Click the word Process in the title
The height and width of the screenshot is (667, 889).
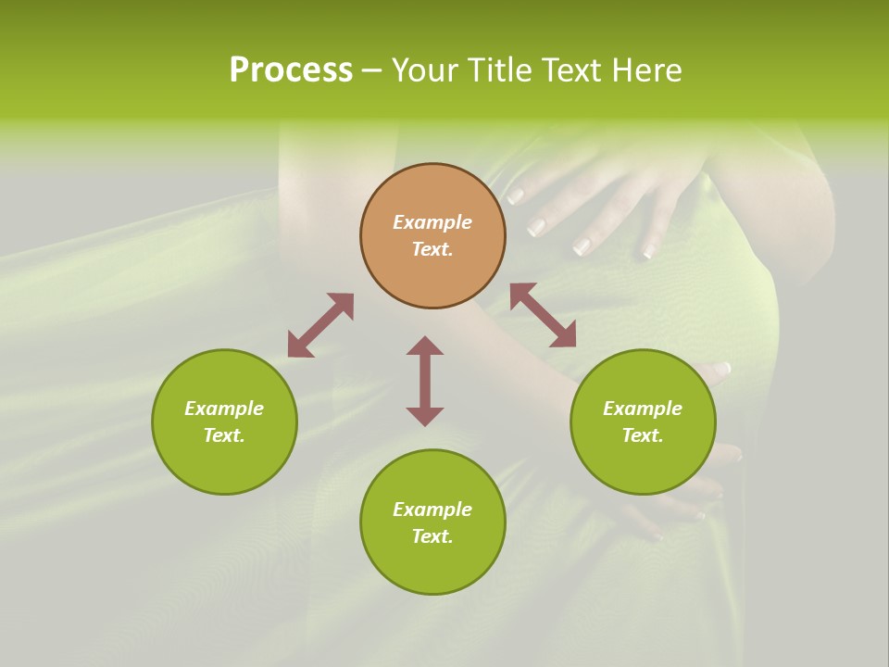click(291, 70)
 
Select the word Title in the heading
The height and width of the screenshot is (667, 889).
click(497, 70)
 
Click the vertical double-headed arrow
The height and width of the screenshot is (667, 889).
click(425, 381)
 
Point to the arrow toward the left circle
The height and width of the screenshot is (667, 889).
click(320, 325)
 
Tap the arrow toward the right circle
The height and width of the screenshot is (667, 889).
click(543, 315)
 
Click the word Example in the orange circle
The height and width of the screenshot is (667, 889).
click(432, 222)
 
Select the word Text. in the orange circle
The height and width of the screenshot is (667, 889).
click(432, 249)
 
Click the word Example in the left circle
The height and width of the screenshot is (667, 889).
click(224, 409)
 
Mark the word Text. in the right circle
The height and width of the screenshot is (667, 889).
click(643, 435)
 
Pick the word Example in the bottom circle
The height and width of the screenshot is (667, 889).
click(432, 510)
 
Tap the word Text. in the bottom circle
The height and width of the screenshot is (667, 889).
click(432, 536)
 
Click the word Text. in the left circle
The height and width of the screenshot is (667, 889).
click(224, 435)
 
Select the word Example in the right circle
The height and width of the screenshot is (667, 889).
click(643, 409)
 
